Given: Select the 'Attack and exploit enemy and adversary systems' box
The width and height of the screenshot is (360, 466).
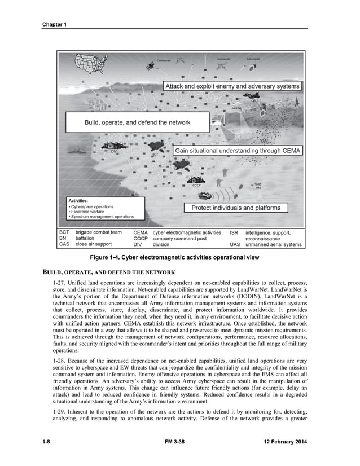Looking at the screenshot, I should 232,86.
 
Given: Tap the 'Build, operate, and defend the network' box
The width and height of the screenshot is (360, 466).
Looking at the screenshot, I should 137,122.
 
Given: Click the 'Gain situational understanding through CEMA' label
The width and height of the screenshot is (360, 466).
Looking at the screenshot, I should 238,151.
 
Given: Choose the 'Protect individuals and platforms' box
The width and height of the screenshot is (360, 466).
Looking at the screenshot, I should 236,208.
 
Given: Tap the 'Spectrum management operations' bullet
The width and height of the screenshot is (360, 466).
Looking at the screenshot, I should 101,217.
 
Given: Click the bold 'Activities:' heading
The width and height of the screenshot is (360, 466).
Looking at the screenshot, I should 78,200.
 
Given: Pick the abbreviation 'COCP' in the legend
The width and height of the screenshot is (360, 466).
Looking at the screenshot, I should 141,239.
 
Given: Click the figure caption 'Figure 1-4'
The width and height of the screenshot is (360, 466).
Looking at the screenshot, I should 180,258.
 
